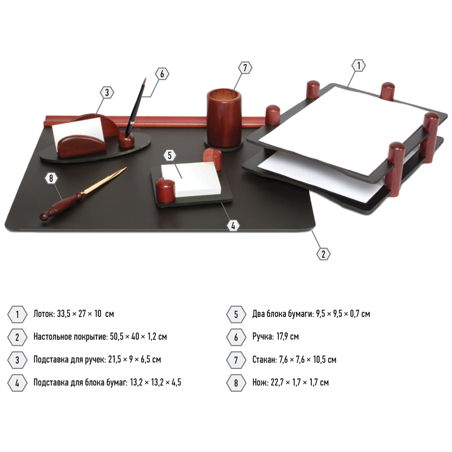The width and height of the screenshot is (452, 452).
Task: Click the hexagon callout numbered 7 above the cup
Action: (x=245, y=68)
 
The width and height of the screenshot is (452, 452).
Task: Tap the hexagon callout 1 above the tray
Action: (x=359, y=66)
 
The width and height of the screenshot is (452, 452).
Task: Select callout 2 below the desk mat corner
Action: (x=323, y=254)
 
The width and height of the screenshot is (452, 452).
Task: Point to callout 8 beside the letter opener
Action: (x=51, y=179)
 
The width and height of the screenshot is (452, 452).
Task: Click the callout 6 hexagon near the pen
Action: (x=162, y=74)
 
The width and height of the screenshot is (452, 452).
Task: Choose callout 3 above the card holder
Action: (x=107, y=93)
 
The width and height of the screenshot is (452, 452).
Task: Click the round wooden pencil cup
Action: (x=224, y=118)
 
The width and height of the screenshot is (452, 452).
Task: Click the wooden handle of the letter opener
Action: (x=61, y=206)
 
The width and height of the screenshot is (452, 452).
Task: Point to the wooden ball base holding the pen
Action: (x=126, y=140)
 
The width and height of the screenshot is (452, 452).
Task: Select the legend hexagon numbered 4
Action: (x=18, y=383)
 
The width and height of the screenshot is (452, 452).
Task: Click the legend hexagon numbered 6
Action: (x=236, y=337)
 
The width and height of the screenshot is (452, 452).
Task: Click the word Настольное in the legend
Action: (x=53, y=336)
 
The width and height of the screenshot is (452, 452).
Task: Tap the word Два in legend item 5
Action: (x=258, y=314)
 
